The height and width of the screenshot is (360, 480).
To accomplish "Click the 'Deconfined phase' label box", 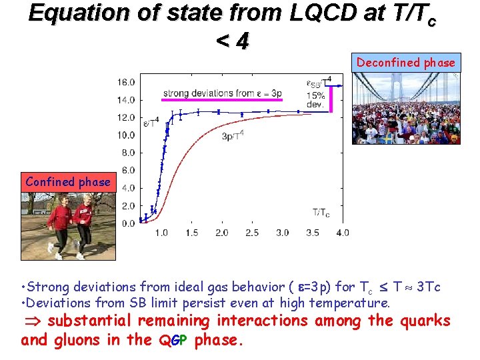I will (405, 63).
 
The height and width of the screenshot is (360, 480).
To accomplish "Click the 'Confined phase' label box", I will (68, 182).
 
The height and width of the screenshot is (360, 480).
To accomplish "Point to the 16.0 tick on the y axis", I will (127, 82).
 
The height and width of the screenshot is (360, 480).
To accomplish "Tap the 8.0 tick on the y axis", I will (128, 153).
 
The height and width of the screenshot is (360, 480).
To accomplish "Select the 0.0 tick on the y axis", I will (128, 223).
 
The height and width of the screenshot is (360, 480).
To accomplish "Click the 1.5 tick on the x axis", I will (191, 233).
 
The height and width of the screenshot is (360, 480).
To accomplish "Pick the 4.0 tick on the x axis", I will (342, 233).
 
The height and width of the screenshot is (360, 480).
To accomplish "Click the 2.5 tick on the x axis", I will (252, 233).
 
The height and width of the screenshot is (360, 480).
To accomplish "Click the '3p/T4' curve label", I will (233, 136).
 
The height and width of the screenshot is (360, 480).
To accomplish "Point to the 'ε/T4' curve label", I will (151, 122).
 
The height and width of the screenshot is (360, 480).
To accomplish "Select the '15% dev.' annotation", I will (315, 100).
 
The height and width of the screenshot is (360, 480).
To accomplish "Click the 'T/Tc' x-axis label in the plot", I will (321, 213).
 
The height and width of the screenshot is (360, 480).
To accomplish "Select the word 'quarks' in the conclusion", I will (425, 321).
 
